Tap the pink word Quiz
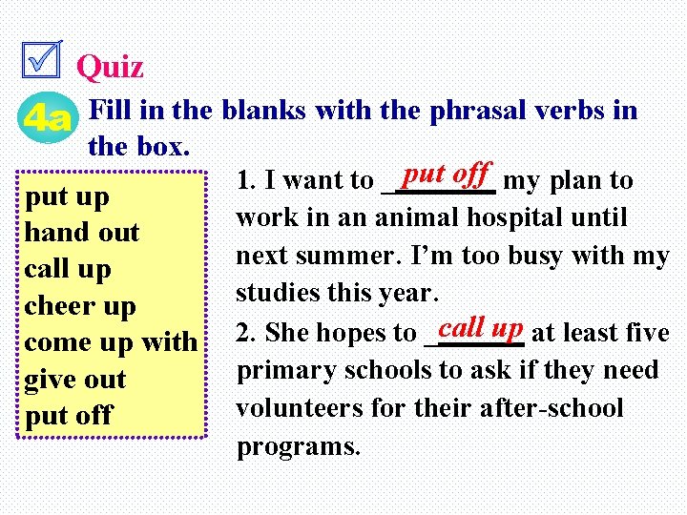110,67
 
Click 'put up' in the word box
67,197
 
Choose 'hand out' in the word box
82,233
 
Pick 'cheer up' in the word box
80,306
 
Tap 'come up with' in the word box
111,342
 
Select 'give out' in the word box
75,379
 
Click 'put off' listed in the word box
69,415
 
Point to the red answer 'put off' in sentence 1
446,175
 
